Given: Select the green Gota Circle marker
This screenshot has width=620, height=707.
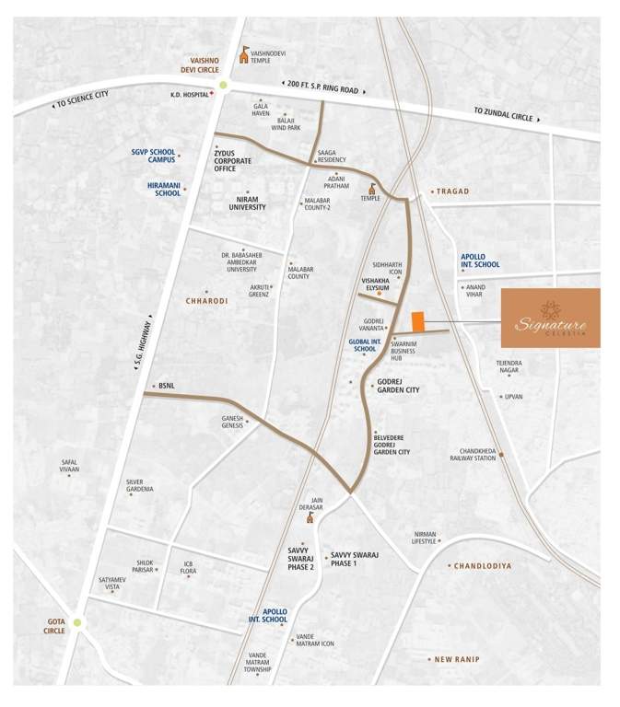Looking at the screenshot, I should (x=77, y=623).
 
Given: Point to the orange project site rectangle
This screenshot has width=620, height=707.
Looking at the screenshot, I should (x=418, y=321).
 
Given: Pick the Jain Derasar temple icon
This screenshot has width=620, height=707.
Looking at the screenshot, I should (x=311, y=516).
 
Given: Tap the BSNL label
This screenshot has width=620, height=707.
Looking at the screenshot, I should (x=166, y=386).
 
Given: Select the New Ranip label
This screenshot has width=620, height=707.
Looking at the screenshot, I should (x=458, y=659).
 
